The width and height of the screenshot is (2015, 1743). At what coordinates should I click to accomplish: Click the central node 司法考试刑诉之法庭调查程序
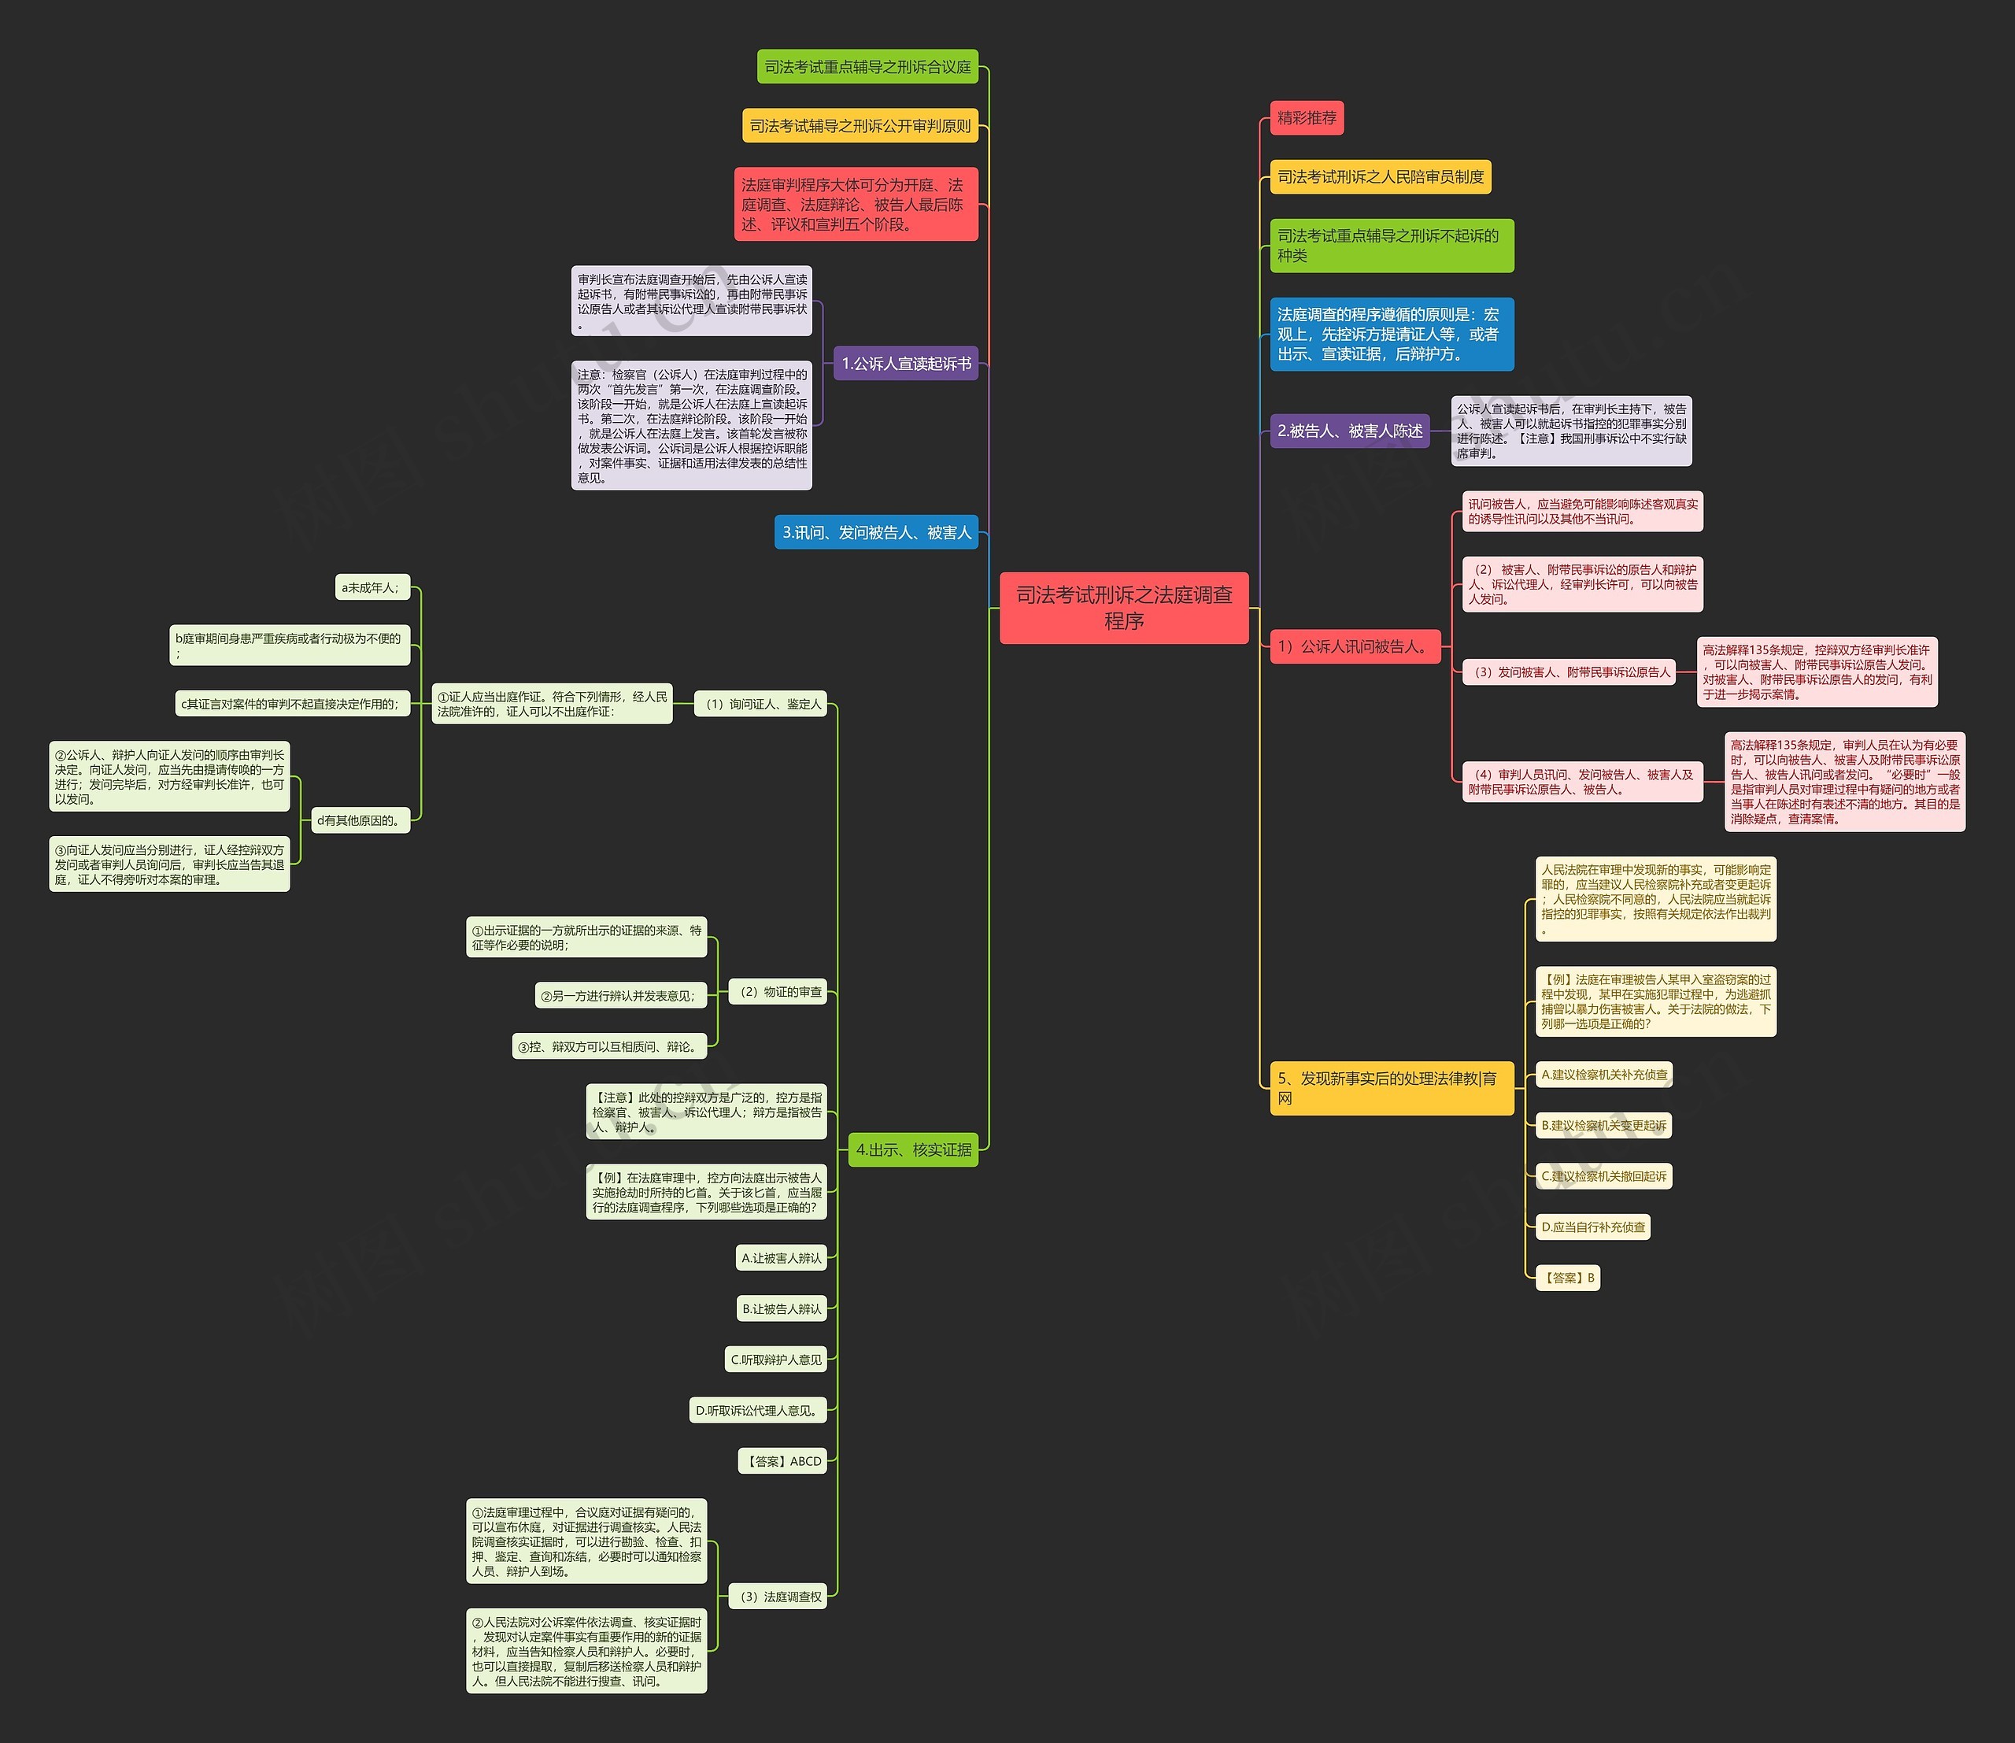1123,608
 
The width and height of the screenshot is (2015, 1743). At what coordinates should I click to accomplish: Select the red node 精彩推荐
1306,117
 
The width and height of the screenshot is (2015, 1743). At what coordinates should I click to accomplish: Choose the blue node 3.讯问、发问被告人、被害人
876,532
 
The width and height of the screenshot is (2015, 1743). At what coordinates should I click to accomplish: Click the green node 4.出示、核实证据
913,1149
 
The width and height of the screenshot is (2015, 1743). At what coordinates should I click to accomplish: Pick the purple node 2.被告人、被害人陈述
1349,431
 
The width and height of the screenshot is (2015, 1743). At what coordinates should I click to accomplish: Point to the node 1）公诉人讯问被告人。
1354,646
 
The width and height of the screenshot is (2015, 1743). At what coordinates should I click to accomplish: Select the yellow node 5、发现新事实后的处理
1391,1087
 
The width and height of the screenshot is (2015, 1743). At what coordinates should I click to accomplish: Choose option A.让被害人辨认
781,1257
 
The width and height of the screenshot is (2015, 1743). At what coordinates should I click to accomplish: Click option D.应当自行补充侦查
1593,1227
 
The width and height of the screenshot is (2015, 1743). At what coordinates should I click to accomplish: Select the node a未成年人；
371,587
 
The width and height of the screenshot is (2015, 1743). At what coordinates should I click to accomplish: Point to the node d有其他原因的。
358,820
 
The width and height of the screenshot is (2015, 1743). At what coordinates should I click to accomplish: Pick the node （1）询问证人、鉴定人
761,704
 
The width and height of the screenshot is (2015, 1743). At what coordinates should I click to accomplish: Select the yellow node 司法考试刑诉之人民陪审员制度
1380,177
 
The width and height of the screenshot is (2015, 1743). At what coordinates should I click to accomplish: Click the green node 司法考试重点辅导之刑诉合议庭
867,67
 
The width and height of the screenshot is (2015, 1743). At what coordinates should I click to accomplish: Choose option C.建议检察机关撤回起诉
1603,1176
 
